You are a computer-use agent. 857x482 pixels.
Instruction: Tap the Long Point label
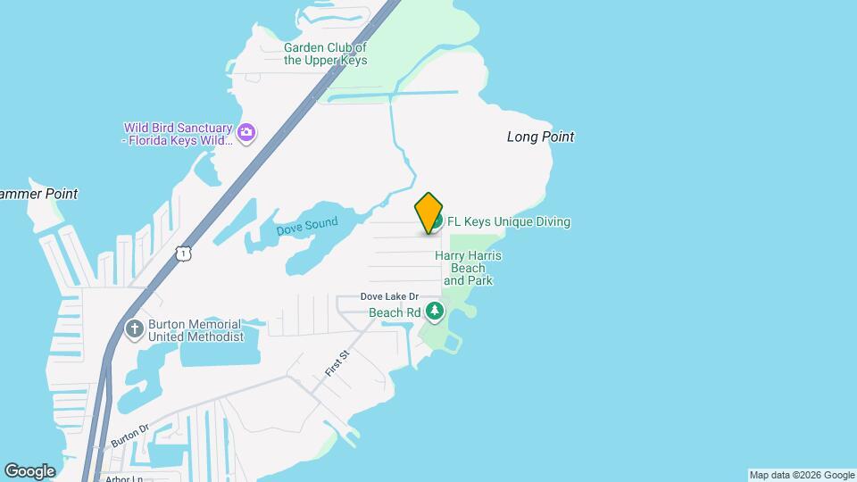[x=540, y=137]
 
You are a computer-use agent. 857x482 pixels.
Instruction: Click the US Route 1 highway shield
[x=183, y=254]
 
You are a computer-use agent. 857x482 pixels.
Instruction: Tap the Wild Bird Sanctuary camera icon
[x=246, y=134]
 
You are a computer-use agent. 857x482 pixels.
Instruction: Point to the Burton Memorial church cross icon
[x=135, y=329]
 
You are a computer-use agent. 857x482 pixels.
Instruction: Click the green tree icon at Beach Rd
[x=435, y=312]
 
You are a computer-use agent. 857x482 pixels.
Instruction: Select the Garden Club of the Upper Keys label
[x=326, y=54]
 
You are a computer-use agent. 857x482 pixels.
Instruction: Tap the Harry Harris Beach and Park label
[x=468, y=268]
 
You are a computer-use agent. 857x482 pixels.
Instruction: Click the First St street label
[x=336, y=363]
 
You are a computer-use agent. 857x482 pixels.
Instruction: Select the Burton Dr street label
[x=129, y=435]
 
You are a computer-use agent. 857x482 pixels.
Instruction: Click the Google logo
[x=29, y=470]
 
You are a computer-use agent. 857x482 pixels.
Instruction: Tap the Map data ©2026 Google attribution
[x=802, y=475]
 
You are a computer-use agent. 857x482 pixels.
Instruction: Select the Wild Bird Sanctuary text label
[x=178, y=134]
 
